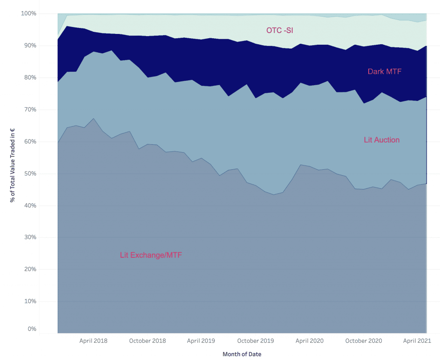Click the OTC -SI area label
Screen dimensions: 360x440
[x=280, y=30]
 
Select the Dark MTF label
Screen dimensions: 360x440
[x=385, y=71]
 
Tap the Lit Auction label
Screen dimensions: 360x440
[x=382, y=140]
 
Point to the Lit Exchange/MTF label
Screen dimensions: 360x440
[x=151, y=255]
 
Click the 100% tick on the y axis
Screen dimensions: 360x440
[x=28, y=14]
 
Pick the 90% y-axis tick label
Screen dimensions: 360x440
[x=30, y=46]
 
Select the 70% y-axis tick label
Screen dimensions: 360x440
[x=30, y=110]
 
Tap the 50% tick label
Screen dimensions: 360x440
[x=30, y=174]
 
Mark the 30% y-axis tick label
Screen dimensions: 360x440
[x=30, y=237]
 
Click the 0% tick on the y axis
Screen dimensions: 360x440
[x=31, y=329]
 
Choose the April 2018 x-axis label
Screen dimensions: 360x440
[x=93, y=341]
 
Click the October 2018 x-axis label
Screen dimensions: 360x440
[x=147, y=341]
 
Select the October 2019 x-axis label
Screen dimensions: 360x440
[x=256, y=341]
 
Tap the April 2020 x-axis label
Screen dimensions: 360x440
[x=310, y=341]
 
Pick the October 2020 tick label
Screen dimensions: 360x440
[x=364, y=341]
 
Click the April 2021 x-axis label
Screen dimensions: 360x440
[x=417, y=341]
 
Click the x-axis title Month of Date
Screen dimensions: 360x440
[x=242, y=354]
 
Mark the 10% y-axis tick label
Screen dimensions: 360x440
[x=30, y=301]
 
